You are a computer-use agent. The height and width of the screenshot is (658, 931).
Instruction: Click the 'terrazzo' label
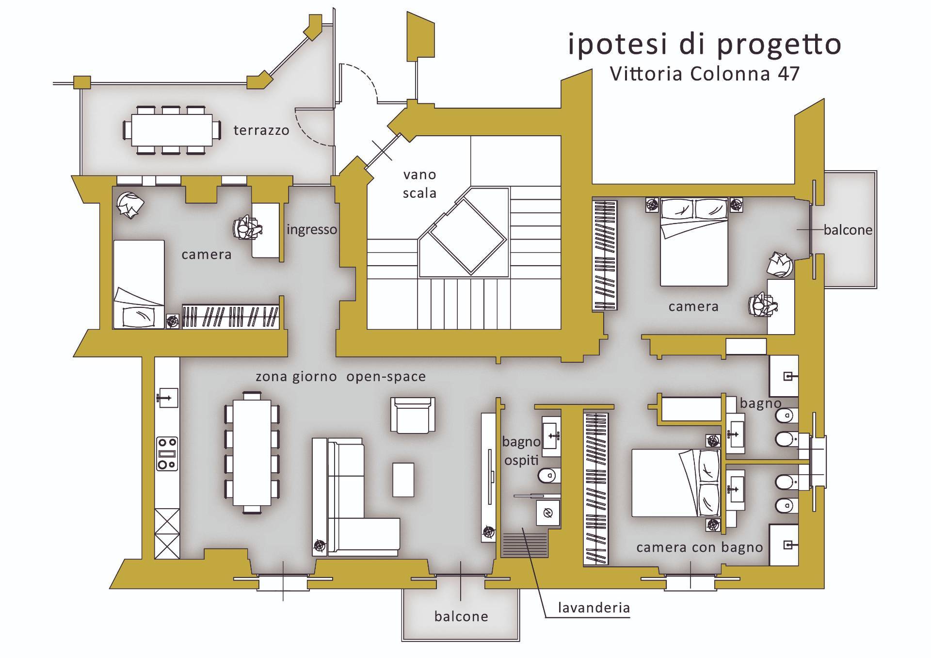point(261,130)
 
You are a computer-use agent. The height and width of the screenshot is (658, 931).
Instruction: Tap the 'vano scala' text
point(419,184)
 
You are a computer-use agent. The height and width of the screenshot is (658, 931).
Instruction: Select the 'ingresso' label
point(311,229)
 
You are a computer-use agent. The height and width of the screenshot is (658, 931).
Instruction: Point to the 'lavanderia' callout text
point(594,608)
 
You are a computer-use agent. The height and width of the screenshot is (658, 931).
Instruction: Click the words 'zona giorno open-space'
point(340,377)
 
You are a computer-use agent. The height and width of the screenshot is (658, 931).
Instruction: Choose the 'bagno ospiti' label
point(521,451)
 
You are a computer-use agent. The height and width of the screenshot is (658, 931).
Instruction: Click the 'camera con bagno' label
point(700,547)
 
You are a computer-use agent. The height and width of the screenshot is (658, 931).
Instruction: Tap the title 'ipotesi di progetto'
point(704,45)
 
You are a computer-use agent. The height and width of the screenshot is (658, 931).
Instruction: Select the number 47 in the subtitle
point(788,74)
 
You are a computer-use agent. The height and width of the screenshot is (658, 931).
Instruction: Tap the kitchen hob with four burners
point(167,453)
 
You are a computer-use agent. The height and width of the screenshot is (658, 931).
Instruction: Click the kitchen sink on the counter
point(167,398)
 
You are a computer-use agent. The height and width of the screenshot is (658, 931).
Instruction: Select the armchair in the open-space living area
point(413,415)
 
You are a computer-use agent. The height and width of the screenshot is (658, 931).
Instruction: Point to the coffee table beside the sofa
point(403,480)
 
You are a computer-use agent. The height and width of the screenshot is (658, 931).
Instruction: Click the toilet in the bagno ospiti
point(549,476)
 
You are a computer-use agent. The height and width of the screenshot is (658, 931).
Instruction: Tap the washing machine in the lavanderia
point(548,513)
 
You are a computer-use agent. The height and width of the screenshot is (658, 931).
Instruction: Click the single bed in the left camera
point(139,284)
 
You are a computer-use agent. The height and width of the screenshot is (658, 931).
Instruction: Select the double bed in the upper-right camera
point(694,241)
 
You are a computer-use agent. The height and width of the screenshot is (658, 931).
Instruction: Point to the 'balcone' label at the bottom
point(461,616)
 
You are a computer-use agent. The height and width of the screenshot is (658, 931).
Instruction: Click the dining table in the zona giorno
point(252,452)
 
